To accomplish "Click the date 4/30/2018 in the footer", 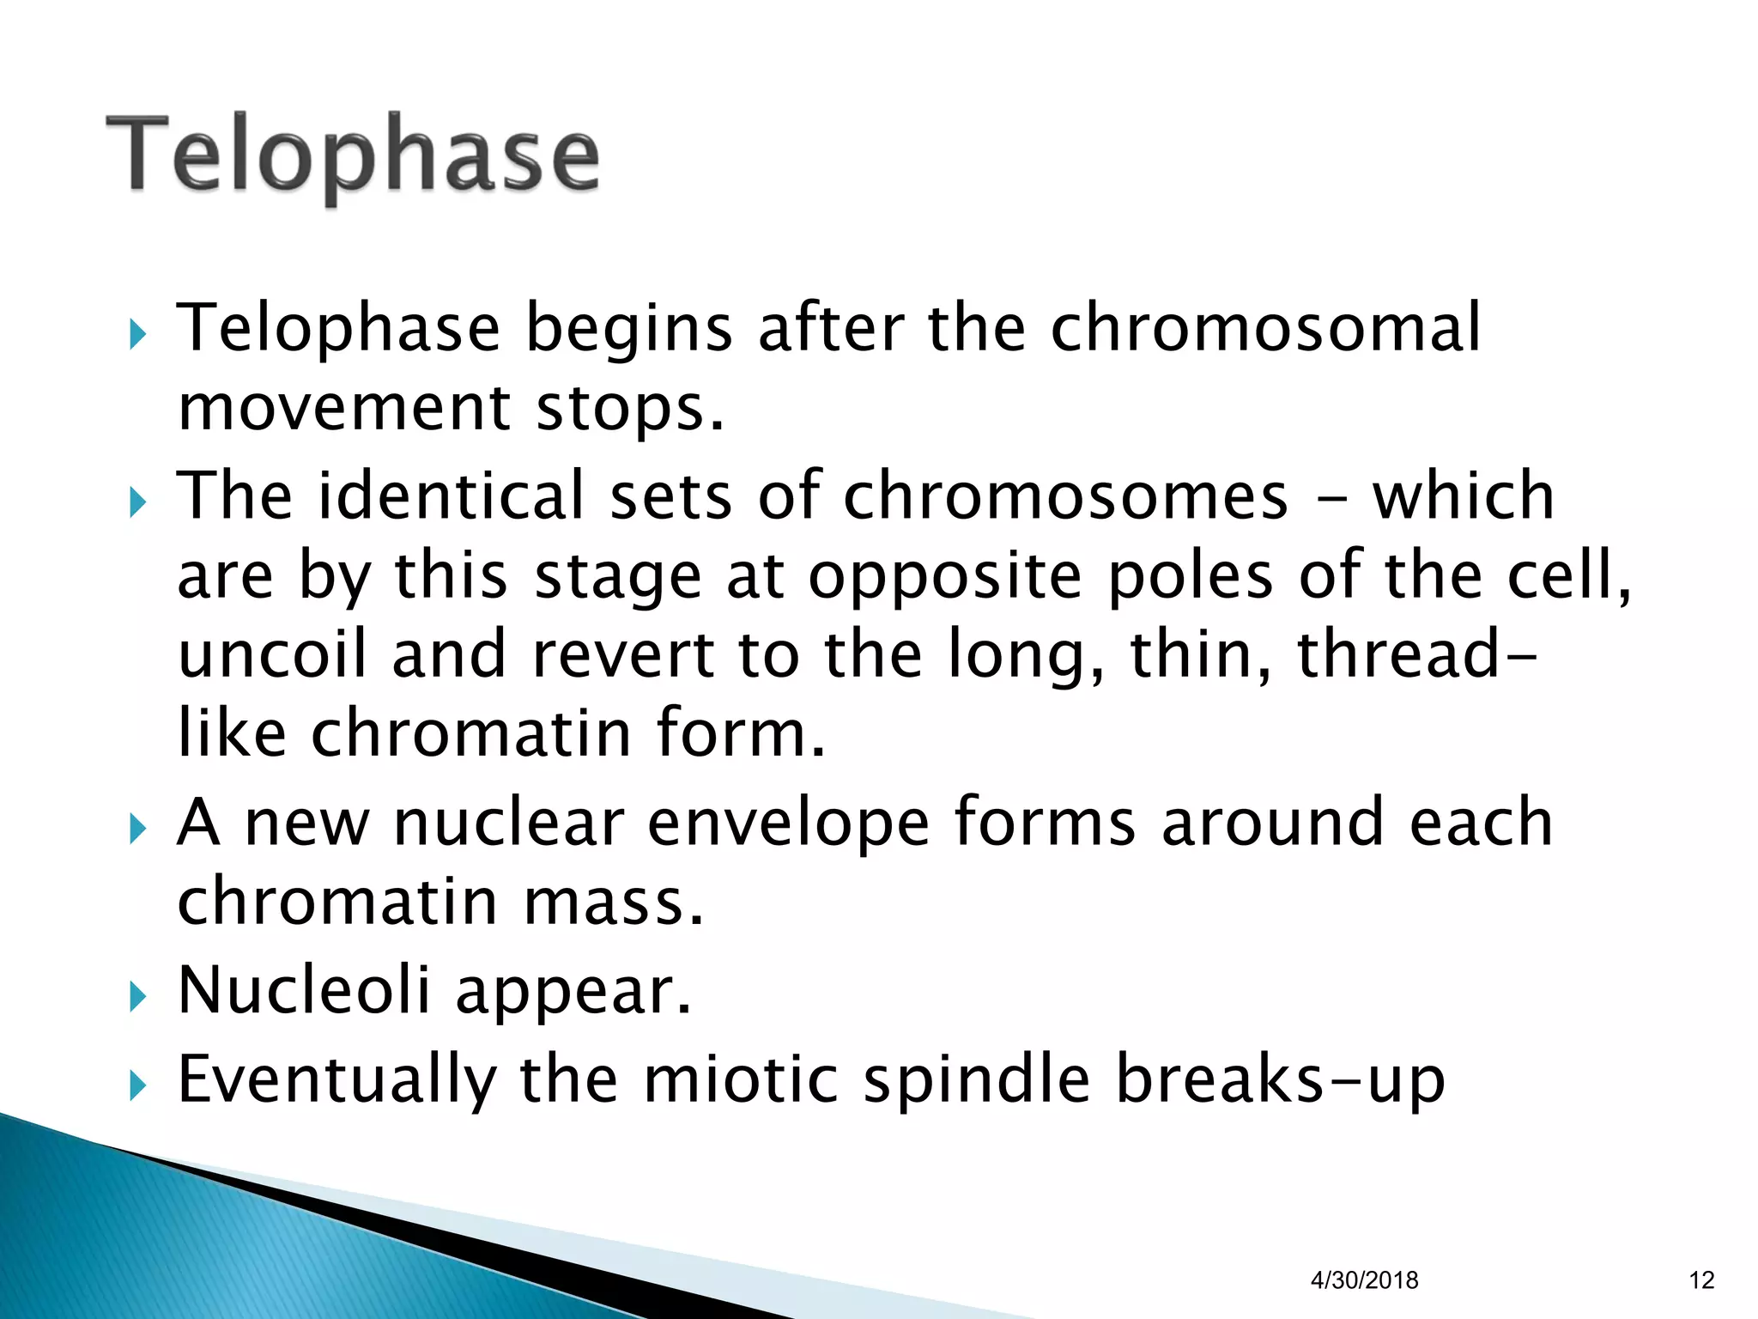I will coord(1364,1280).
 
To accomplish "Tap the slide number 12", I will coord(1701,1280).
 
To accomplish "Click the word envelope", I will coord(788,822).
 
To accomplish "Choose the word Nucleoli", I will coord(304,989).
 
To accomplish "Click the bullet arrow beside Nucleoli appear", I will coord(137,997).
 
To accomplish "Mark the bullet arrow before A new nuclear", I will coord(137,830).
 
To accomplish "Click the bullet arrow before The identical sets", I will coord(137,503).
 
